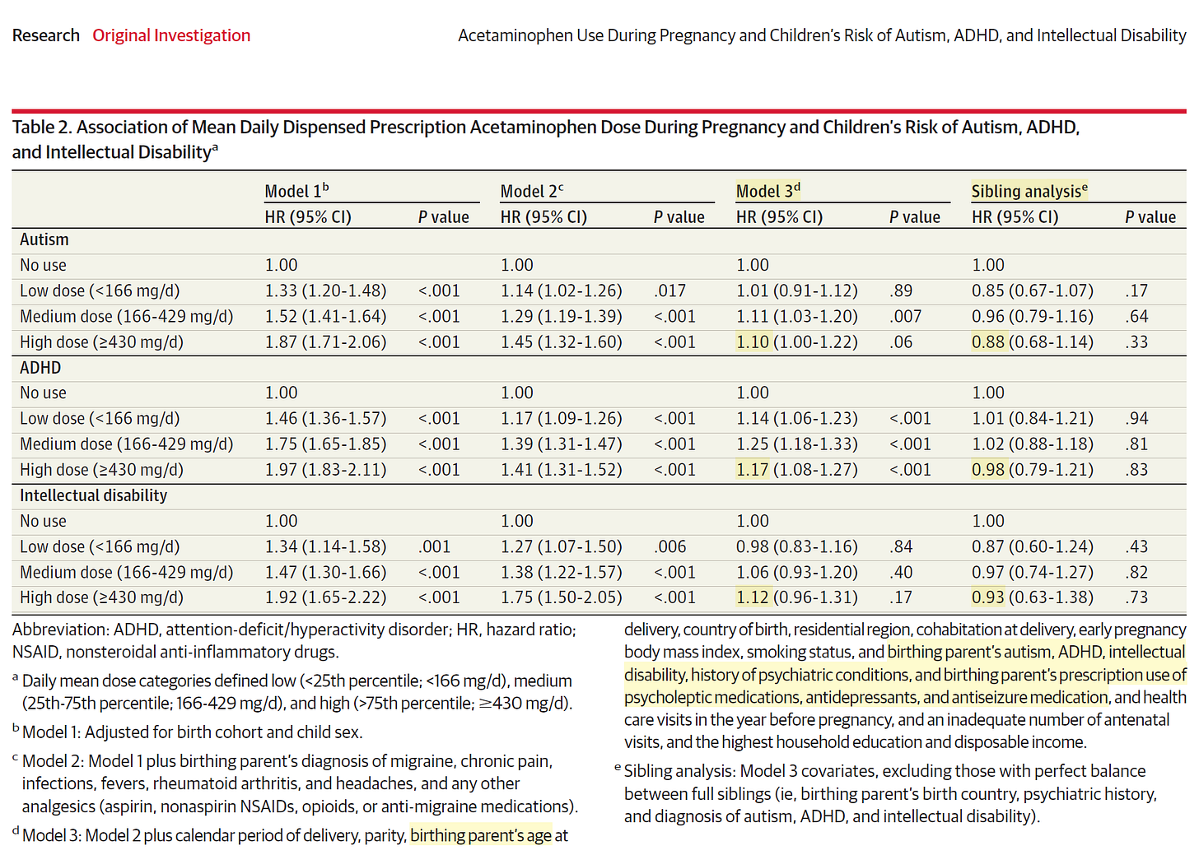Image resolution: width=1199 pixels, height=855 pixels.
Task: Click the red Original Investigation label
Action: point(171,35)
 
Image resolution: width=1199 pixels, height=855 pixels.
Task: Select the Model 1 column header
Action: point(296,191)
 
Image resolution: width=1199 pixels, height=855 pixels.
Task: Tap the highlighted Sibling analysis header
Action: point(1029,191)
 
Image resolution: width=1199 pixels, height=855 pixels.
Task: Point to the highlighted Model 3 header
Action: point(767,191)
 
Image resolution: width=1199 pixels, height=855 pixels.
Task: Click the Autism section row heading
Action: point(44,239)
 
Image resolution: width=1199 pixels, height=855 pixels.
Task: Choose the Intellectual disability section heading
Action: point(93,495)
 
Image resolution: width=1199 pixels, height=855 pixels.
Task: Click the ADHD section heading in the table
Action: point(40,368)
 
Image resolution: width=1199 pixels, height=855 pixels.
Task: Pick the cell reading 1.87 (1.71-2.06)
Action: point(325,342)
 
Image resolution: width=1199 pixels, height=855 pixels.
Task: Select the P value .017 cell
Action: point(669,290)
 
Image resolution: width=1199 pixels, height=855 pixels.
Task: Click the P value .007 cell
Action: point(906,316)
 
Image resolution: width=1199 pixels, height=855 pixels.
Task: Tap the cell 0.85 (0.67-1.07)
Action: point(1032,290)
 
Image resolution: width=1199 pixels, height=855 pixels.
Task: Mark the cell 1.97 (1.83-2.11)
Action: point(325,470)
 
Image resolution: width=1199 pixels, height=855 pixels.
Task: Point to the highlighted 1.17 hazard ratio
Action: point(752,470)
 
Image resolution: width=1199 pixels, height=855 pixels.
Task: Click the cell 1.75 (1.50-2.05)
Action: point(561,597)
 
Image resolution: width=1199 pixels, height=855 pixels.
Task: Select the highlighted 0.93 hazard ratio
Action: point(987,597)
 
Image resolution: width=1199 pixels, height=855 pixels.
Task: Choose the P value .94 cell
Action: point(1136,419)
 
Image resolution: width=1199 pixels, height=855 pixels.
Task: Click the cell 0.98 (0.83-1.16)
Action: point(796,546)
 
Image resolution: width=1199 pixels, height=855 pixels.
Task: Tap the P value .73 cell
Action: point(1136,597)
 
